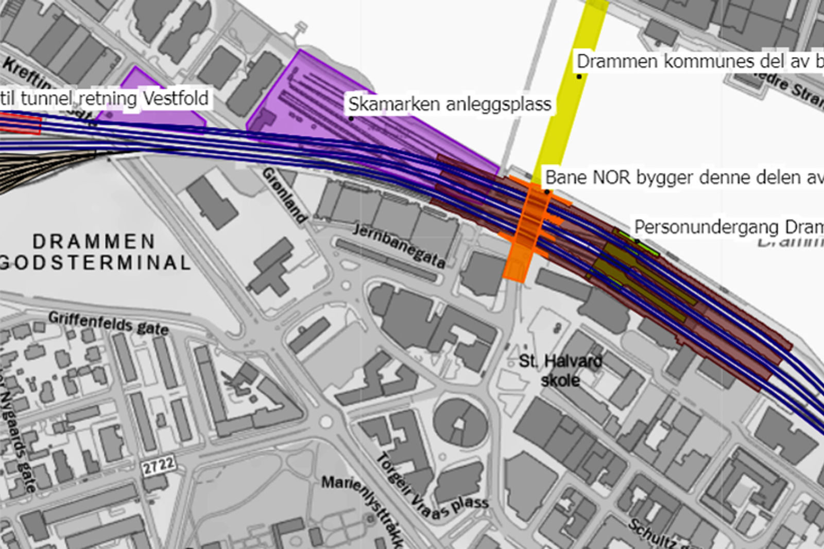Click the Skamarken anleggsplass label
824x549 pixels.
[x=450, y=104]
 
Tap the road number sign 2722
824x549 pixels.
[x=159, y=466]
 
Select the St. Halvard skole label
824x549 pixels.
[x=560, y=370]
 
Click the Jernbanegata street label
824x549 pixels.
[x=399, y=245]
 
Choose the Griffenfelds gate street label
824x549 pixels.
[x=109, y=323]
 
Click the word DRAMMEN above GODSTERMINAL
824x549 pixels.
[x=94, y=241]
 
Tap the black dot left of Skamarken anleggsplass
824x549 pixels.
[x=351, y=119]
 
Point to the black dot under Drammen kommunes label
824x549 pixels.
[x=579, y=77]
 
